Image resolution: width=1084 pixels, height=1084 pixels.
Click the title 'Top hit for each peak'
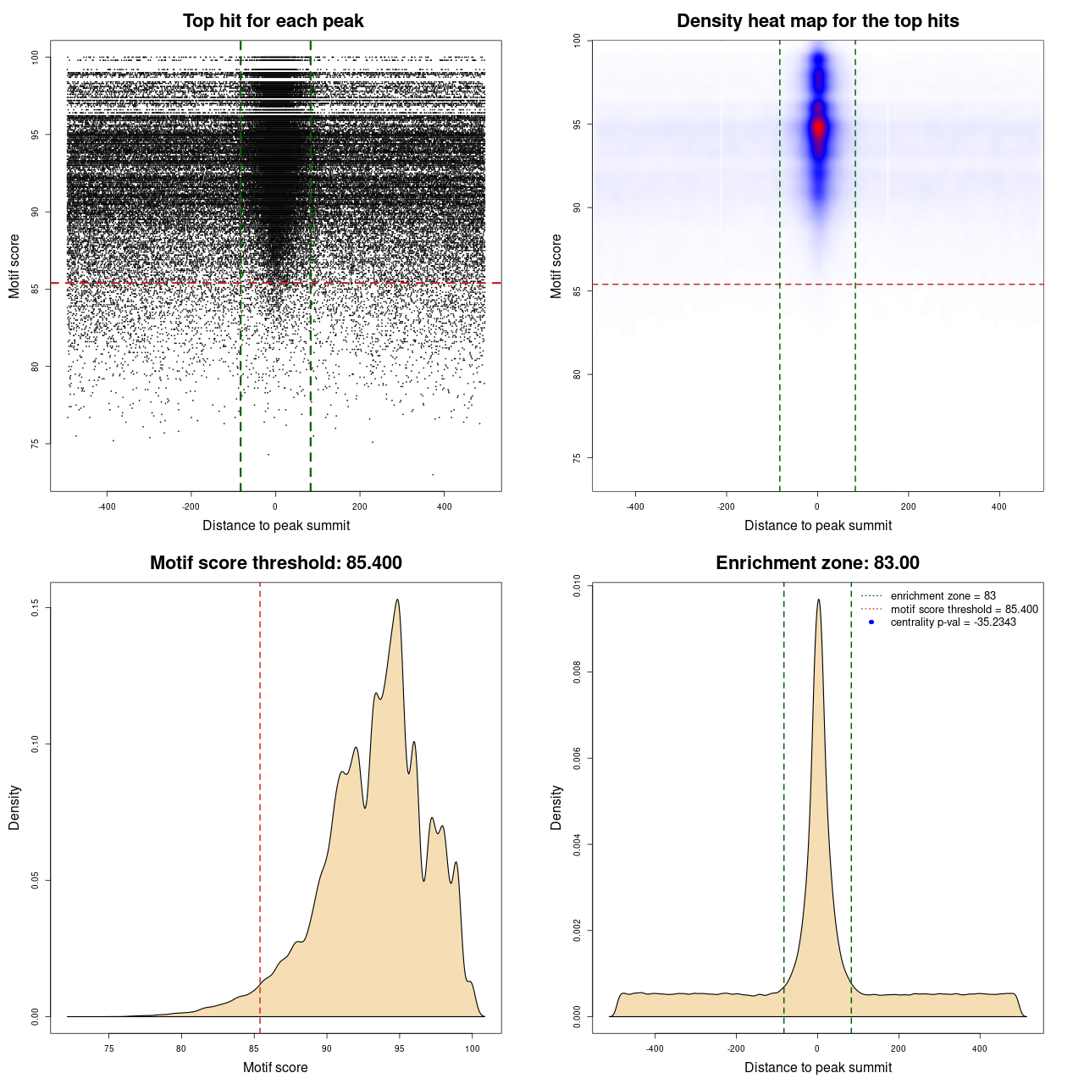pos(273,21)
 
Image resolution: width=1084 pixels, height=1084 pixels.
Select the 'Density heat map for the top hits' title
pos(817,21)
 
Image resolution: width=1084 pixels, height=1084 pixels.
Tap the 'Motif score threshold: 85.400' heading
pos(275,563)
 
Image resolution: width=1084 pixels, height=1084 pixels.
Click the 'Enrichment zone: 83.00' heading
pos(817,563)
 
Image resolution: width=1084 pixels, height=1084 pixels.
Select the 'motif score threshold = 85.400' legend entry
pos(964,610)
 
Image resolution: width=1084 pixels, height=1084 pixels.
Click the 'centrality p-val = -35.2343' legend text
pos(953,622)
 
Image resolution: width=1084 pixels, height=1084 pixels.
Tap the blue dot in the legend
pos(871,622)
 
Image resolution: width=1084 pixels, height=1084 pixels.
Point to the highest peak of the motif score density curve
pos(397,600)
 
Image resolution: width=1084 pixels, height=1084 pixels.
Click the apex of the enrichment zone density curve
pos(818,600)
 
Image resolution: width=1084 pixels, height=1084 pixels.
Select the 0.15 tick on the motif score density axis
pos(36,608)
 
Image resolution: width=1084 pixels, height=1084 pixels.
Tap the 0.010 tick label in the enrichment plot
pos(578,586)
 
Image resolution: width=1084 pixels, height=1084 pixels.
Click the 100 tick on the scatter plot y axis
pos(36,58)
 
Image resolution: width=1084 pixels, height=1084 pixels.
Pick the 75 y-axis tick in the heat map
pos(578,458)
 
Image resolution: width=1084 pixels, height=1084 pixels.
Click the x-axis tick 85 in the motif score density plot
pos(254,1048)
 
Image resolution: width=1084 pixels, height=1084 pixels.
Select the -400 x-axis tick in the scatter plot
pos(107,506)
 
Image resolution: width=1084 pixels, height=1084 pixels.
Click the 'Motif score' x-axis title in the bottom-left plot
pos(275,1067)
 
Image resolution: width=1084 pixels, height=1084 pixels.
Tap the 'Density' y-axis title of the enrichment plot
pos(556,807)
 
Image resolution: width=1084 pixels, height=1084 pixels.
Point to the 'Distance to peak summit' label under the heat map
pos(817,525)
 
